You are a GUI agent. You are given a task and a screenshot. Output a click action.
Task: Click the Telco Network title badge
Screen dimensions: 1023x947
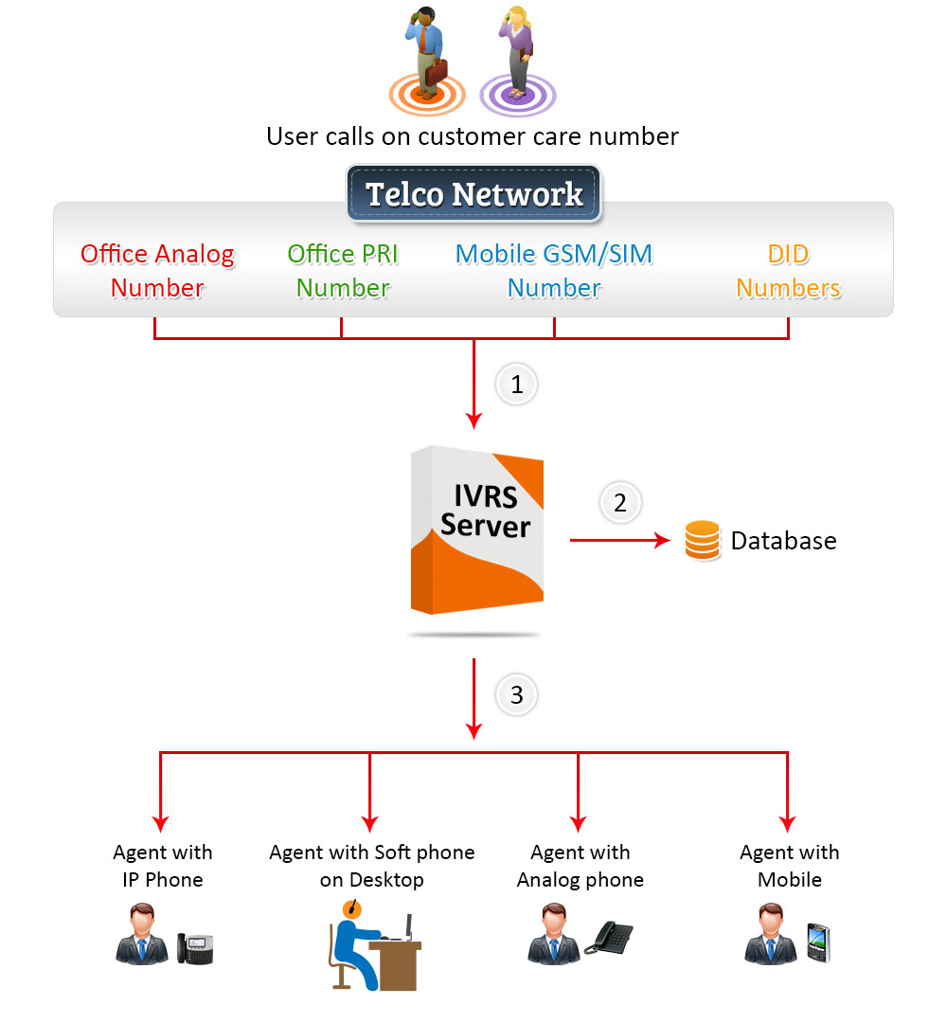(x=473, y=194)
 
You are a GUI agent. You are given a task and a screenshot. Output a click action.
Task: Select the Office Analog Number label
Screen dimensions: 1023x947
(x=157, y=271)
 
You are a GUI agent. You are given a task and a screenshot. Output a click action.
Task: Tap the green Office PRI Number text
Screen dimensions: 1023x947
(x=343, y=271)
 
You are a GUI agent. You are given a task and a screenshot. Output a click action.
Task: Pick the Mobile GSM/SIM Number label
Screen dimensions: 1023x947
(x=554, y=271)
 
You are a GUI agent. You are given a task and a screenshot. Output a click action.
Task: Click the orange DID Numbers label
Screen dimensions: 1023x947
(x=788, y=271)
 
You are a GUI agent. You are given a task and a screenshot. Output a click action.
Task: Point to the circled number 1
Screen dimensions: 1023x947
(x=516, y=385)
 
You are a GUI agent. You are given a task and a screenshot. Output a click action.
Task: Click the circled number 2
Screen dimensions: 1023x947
(x=620, y=503)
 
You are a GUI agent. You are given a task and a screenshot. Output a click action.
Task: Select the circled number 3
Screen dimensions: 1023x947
(x=516, y=695)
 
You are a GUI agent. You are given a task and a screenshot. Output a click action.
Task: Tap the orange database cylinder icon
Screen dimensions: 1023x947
(x=702, y=541)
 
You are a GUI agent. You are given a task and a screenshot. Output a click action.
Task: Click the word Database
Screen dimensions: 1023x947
(x=783, y=541)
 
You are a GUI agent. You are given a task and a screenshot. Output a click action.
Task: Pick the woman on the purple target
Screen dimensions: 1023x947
(x=517, y=52)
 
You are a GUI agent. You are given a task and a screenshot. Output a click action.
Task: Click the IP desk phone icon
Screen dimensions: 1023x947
(x=195, y=947)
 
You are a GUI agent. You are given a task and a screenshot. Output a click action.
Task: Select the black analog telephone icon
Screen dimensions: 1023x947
(x=608, y=938)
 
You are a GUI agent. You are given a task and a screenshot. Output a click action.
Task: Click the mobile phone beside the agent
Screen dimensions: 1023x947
(x=817, y=943)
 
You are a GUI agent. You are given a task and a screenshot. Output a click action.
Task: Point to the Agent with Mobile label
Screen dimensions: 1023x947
(x=789, y=866)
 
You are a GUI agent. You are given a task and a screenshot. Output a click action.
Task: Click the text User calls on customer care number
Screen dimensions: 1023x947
(x=472, y=136)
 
